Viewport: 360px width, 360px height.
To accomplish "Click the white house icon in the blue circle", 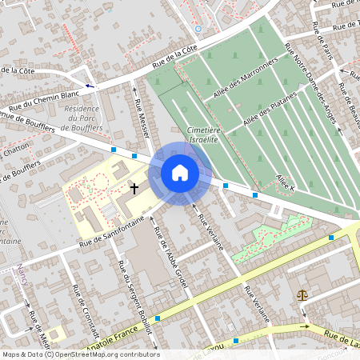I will (179, 172).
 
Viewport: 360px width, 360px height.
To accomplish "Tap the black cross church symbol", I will (134, 188).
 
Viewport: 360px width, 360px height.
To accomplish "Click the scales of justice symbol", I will (302, 294).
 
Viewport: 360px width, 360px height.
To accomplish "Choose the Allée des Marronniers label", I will (245, 83).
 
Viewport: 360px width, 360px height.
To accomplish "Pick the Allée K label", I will (286, 182).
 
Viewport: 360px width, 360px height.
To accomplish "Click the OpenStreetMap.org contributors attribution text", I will (105, 354).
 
